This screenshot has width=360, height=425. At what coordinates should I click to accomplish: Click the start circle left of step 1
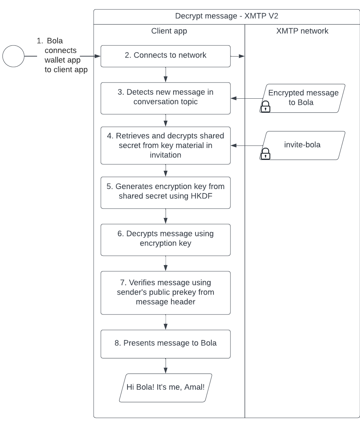tap(13, 57)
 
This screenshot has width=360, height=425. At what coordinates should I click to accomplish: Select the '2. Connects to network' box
tap(165, 56)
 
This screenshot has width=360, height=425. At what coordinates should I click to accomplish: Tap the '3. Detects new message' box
tap(165, 98)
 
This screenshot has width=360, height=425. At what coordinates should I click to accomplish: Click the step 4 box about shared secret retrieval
tap(165, 145)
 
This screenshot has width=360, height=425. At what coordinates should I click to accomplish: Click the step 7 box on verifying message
tap(165, 292)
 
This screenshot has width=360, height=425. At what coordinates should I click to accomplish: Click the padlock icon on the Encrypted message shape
tap(265, 107)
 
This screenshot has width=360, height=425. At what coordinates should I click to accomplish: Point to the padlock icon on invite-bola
tap(265, 154)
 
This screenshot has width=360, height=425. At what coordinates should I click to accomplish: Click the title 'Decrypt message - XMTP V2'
tap(226, 16)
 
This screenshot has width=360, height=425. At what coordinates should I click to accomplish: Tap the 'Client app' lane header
tap(169, 31)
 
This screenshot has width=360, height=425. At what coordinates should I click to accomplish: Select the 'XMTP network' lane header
tap(302, 31)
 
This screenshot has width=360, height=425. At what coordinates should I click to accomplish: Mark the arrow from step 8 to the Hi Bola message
tap(166, 366)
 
